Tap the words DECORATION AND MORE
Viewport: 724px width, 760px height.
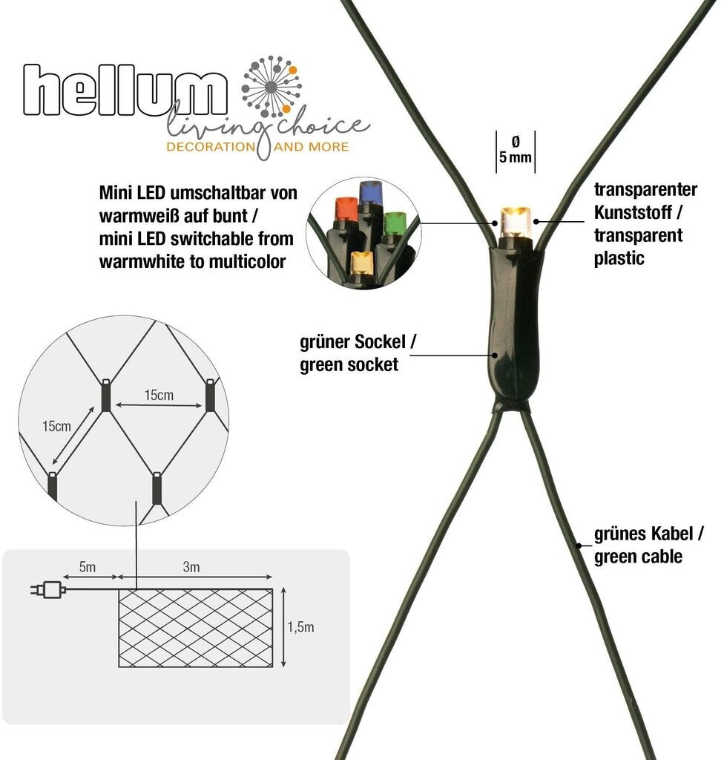coord(257,146)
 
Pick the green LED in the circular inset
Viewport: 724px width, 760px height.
coord(393,222)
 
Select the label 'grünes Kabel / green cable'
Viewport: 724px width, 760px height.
coord(648,546)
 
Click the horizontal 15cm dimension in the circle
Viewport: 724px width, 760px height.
coord(159,396)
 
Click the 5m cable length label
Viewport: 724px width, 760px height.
coord(87,568)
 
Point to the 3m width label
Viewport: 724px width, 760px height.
coord(191,568)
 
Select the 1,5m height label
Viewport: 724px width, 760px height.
coord(300,627)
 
